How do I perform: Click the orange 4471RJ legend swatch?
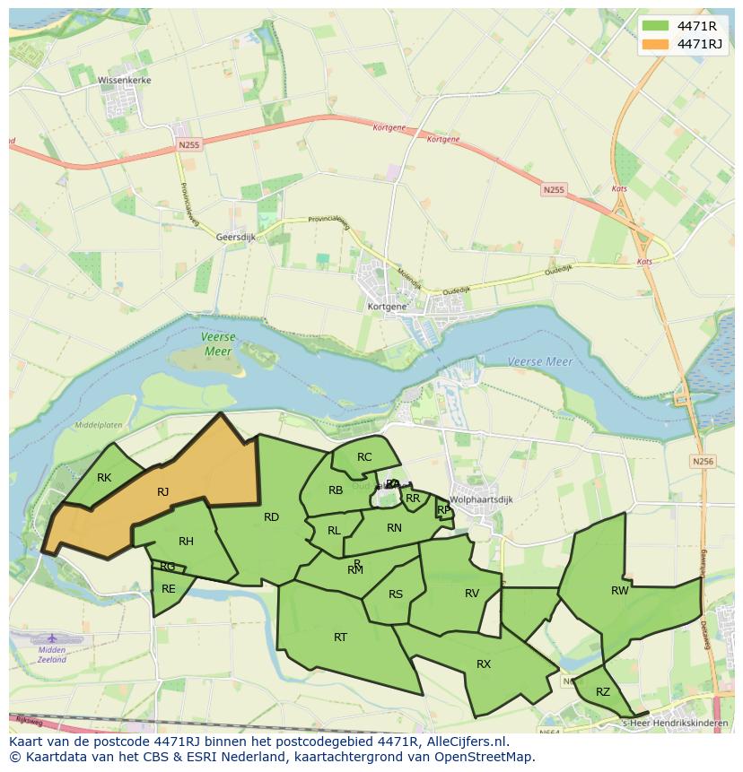coord(656,44)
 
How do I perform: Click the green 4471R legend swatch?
coord(656,26)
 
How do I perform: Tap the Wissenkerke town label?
coord(125,80)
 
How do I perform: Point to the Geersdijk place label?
coord(237,237)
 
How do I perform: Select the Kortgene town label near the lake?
coord(388,306)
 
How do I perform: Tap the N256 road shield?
coord(703,461)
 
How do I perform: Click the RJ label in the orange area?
coord(162,491)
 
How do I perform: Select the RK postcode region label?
coord(104,478)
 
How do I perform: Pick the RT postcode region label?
coord(340,638)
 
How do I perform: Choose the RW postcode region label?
coord(620,590)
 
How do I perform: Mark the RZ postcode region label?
coord(603,691)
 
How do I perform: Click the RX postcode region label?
coord(484,664)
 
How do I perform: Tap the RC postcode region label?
coord(364,457)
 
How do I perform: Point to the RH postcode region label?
coord(186,542)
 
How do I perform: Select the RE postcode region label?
coord(169,589)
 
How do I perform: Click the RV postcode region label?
coord(472,593)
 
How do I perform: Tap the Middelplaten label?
coord(99,425)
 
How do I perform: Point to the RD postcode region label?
coord(271,516)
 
